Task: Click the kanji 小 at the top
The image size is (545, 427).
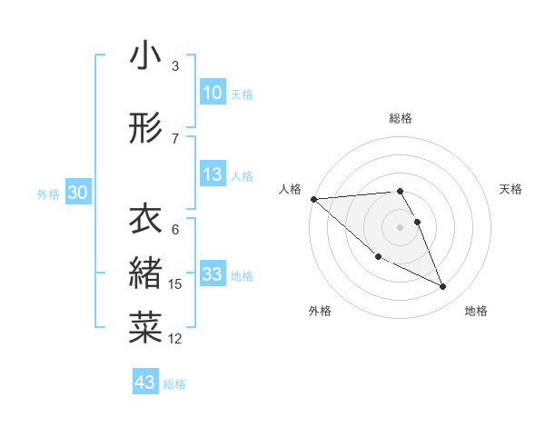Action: coord(145,56)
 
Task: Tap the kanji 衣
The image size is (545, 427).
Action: coord(145,220)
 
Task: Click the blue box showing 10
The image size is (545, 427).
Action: coord(212,93)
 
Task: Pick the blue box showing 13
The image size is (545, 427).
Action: coord(212,175)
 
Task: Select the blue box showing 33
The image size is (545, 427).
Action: coord(212,274)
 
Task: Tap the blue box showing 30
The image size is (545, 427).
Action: coord(77,193)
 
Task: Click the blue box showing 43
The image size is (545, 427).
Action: coord(144,382)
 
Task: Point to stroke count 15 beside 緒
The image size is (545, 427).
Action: coord(175,284)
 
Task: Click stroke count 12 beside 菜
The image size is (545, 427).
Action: coord(175,339)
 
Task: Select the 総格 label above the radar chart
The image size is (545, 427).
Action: coord(401,118)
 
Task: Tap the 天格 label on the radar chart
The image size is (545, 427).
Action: coord(511,189)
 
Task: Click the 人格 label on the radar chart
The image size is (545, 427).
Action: coord(291,189)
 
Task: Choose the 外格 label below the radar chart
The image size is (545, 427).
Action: coord(320,311)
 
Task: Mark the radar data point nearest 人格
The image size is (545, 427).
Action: coord(313,199)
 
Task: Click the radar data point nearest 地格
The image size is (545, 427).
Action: coord(443,287)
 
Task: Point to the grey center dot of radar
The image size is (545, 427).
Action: coord(401,226)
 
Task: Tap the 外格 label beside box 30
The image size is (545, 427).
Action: coord(48,194)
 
